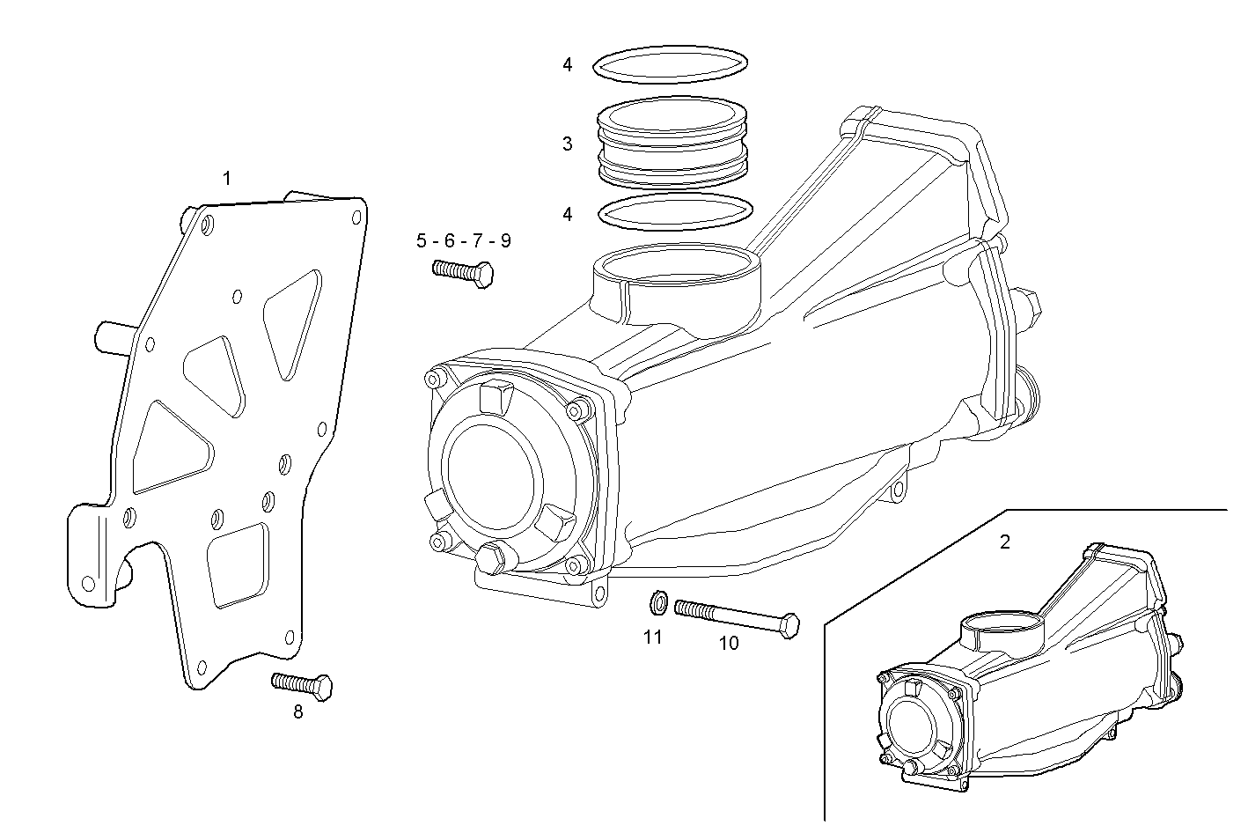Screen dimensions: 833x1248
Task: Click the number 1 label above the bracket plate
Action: coord(227,178)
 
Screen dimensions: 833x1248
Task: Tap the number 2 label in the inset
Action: coord(1005,542)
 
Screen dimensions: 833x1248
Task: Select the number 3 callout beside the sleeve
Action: coord(568,144)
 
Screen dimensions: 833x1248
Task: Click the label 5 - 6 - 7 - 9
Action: coord(463,241)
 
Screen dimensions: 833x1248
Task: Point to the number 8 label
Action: coord(297,712)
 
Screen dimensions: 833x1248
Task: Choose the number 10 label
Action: coord(729,644)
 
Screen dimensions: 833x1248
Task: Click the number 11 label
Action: coord(652,638)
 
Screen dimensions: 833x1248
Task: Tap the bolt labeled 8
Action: coord(303,684)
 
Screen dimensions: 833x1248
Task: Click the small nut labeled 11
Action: coord(655,603)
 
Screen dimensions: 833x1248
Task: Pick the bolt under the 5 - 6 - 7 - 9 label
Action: coord(463,272)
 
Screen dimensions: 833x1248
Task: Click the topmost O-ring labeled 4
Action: coord(671,65)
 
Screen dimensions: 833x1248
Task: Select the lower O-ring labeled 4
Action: coord(676,211)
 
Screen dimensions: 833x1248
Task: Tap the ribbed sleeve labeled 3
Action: coord(672,143)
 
